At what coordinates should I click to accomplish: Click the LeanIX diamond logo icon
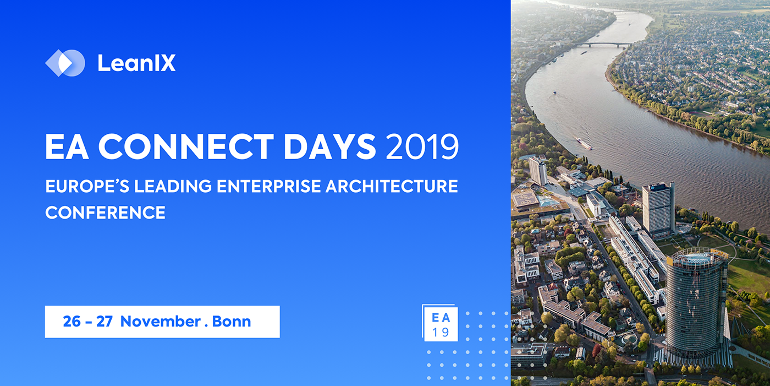click(65, 63)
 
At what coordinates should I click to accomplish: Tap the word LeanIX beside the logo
click(136, 63)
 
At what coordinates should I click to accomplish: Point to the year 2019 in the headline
click(422, 146)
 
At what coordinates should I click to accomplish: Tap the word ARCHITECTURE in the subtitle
click(392, 186)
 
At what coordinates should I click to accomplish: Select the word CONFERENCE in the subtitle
click(105, 212)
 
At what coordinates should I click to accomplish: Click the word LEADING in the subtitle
click(173, 186)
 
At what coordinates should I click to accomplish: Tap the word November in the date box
click(161, 322)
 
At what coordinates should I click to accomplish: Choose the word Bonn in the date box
click(232, 322)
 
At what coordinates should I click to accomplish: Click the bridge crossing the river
click(604, 44)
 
